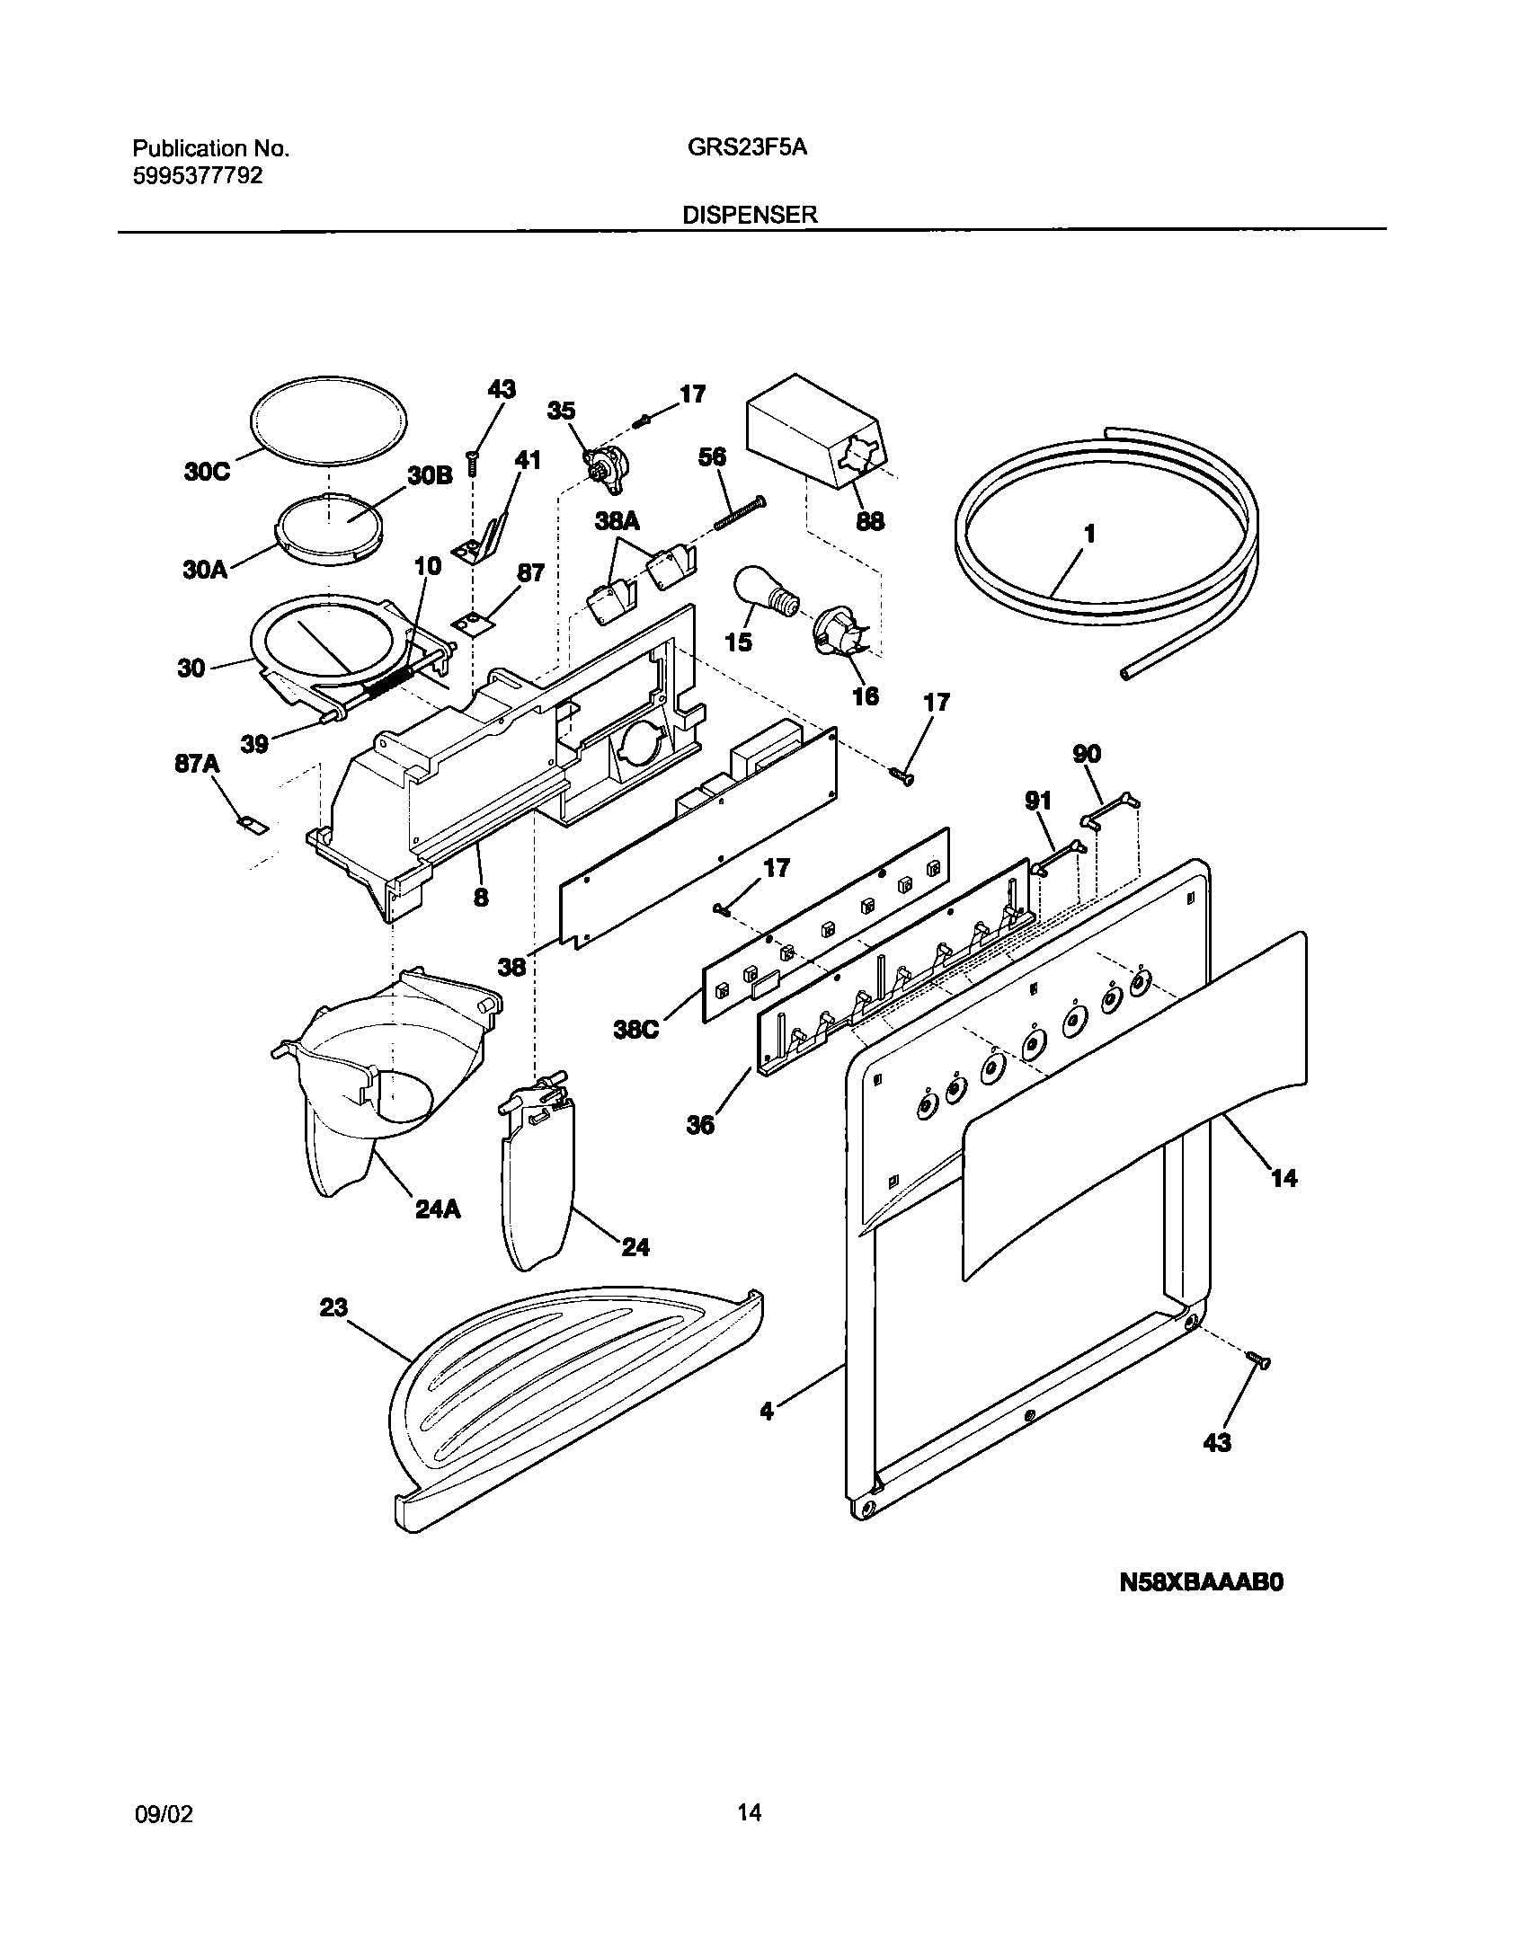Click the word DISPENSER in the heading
point(750,214)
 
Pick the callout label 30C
point(208,472)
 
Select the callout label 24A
point(438,1209)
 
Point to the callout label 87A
point(197,764)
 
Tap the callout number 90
point(1087,754)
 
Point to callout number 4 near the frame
point(766,1412)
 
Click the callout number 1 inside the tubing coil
point(1089,535)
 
